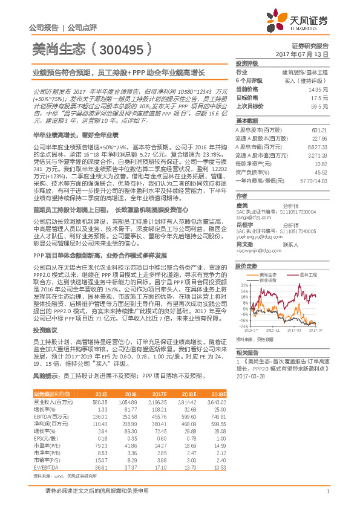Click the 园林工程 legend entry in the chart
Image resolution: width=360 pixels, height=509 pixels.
(x=309, y=274)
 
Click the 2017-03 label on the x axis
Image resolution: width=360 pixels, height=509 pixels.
(x=295, y=330)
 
